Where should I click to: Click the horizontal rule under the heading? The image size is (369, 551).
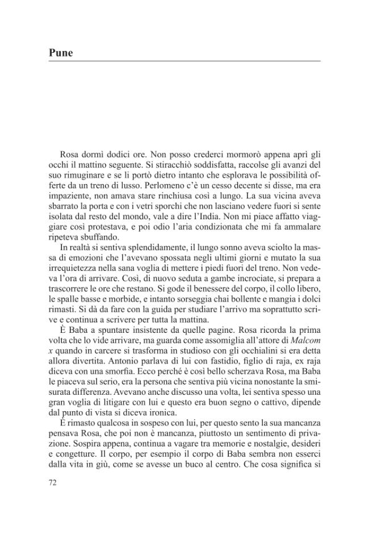click(184, 61)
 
